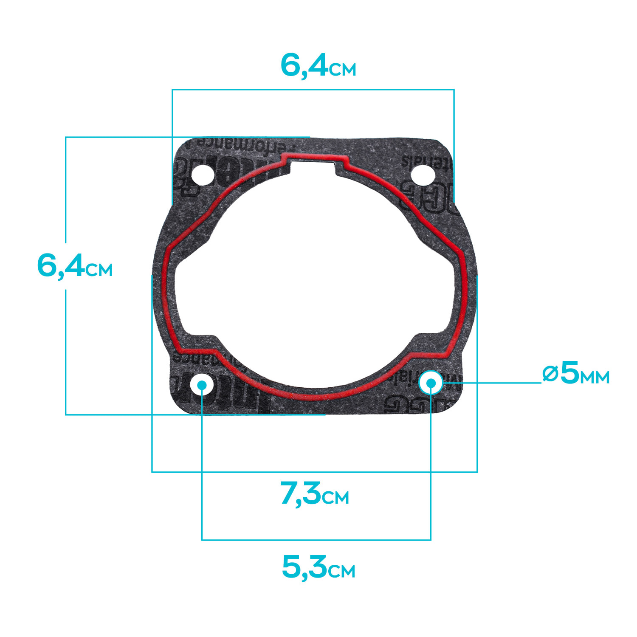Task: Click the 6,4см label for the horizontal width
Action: coord(318,66)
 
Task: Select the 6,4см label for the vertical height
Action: coord(75,266)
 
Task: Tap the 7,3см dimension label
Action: coord(314,494)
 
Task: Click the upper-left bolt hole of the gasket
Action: coord(203,175)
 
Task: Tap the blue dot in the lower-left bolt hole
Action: coord(202,385)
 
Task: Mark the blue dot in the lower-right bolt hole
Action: coord(431,383)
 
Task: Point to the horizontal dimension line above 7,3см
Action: coord(314,472)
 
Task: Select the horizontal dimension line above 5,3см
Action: coord(316,540)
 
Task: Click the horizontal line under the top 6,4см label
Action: coord(313,90)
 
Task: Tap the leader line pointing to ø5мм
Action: coord(493,383)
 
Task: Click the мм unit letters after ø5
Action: coord(595,377)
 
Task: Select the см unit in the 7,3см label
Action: coord(335,498)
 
